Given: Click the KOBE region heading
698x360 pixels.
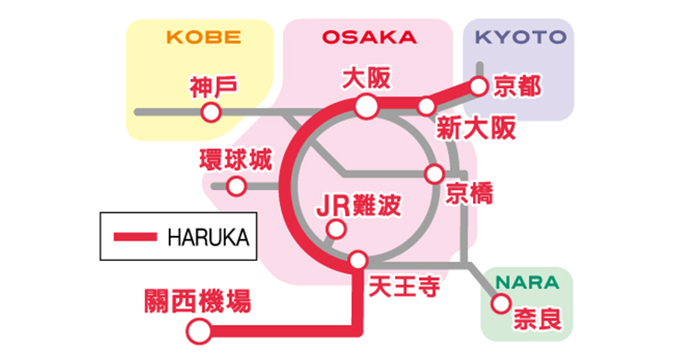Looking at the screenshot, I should pyautogui.click(x=203, y=38).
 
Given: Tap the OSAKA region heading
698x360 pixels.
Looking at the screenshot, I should pyautogui.click(x=368, y=38).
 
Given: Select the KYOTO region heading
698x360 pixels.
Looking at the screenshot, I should pyautogui.click(x=520, y=38).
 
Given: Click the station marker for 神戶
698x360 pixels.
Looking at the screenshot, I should pyautogui.click(x=210, y=113).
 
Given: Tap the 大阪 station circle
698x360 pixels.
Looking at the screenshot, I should pyautogui.click(x=366, y=107).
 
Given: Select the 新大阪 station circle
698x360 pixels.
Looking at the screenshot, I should pyautogui.click(x=426, y=107).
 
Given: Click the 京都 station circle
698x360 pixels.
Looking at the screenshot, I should pyautogui.click(x=478, y=86).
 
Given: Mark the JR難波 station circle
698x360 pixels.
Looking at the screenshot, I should pyautogui.click(x=337, y=230).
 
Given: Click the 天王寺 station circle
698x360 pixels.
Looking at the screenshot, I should pyautogui.click(x=358, y=260).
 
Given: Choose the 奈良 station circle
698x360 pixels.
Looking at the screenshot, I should pyautogui.click(x=501, y=303).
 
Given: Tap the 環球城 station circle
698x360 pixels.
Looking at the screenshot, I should pyautogui.click(x=236, y=186).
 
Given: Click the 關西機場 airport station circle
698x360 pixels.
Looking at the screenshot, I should pyautogui.click(x=196, y=330).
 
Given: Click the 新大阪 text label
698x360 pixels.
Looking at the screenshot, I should pyautogui.click(x=477, y=128).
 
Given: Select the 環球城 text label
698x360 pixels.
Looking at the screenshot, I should pyautogui.click(x=236, y=159).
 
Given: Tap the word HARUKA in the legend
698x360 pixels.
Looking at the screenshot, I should pyautogui.click(x=208, y=237).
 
